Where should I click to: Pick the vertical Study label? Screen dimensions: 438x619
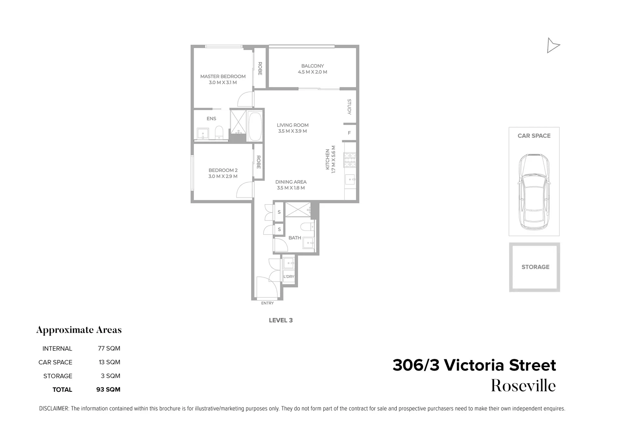pos(349,107)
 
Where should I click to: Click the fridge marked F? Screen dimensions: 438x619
pos(349,133)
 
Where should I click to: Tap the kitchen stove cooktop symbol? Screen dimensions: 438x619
pos(350,160)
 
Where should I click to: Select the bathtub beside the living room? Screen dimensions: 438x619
pos(255,126)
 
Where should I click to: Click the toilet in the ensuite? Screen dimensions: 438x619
pos(219,131)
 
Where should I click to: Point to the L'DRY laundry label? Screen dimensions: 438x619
pos(289,277)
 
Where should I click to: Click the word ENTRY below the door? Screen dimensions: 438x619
pos(267,303)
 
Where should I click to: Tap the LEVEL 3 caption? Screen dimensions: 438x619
pos(281,320)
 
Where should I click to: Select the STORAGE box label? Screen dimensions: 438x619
pos(535,267)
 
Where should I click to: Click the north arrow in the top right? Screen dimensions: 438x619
pos(552,45)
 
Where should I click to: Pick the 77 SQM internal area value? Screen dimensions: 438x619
pos(109,348)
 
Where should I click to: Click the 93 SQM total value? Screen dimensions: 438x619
pos(108,390)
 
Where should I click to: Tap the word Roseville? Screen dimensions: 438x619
pos(523,386)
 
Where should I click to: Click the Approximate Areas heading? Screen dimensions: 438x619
pos(79,330)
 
